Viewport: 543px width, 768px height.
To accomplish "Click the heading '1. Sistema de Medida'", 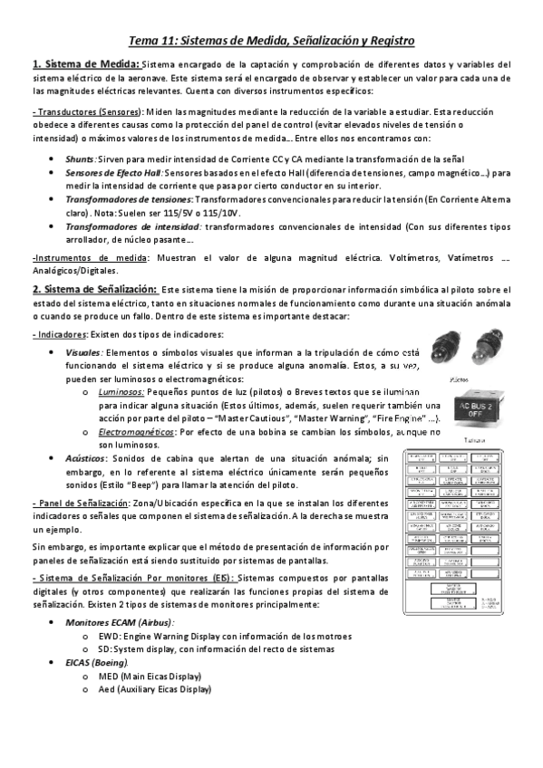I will tap(85, 64).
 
